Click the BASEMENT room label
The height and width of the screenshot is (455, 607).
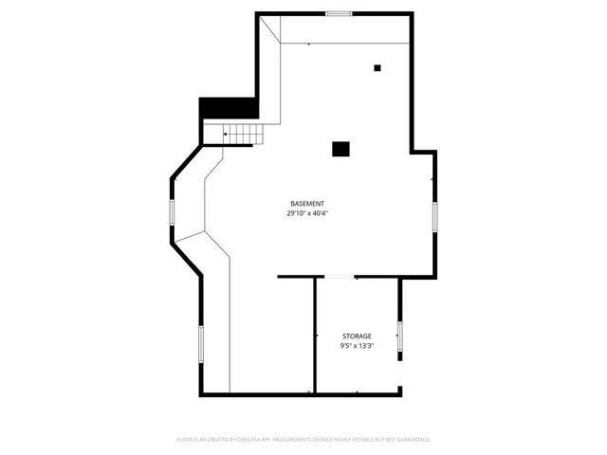[307, 204]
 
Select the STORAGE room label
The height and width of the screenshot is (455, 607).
[357, 337]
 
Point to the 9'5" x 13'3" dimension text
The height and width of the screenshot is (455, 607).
[357, 346]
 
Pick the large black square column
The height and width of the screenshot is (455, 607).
[340, 148]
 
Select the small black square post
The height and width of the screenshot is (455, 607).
[377, 67]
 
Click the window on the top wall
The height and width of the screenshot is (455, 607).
[339, 13]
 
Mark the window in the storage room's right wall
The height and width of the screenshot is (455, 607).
[400, 336]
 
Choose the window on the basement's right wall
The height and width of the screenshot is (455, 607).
[435, 215]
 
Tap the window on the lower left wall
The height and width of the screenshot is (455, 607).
[200, 342]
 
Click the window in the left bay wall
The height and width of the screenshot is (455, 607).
[172, 212]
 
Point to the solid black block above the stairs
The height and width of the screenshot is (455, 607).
[228, 109]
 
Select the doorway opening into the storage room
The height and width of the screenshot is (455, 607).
[339, 277]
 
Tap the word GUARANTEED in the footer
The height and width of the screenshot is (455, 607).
[411, 440]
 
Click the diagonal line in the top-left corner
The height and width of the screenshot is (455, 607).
[271, 27]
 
